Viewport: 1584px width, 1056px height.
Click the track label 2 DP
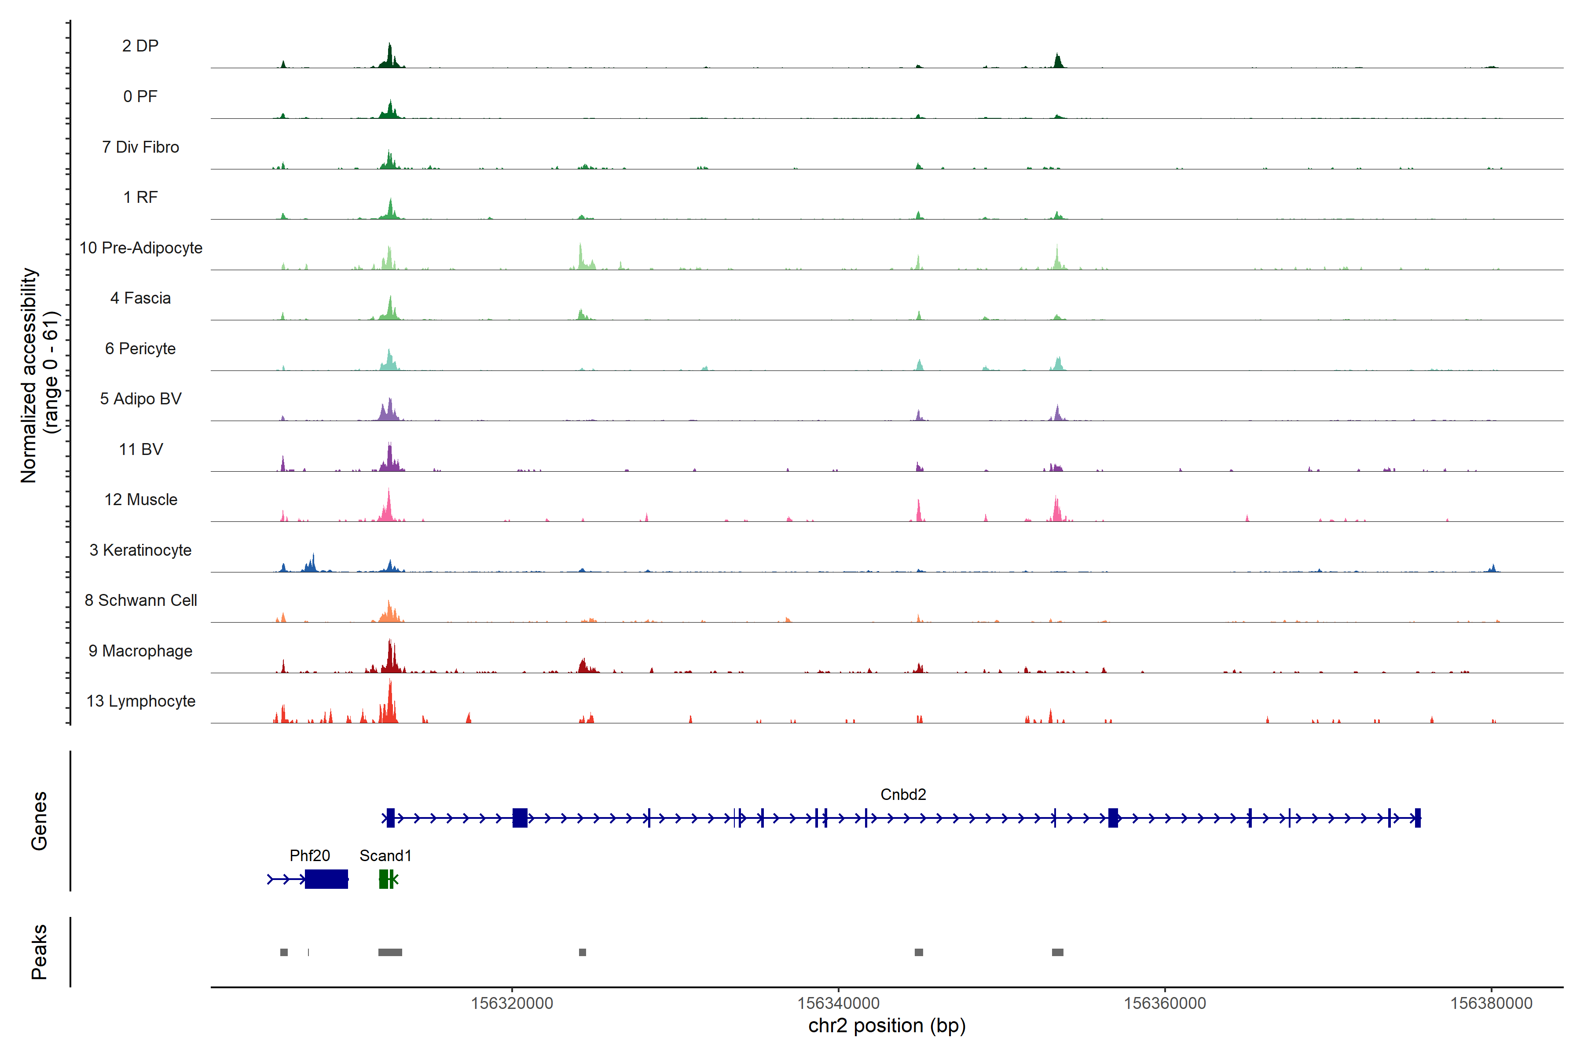coord(140,46)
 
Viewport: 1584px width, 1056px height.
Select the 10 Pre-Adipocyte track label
coord(141,248)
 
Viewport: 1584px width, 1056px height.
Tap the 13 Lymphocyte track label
coord(141,701)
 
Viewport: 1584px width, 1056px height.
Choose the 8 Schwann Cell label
coord(141,600)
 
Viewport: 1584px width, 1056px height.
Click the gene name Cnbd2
coord(903,795)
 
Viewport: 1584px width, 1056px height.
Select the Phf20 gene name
coord(310,855)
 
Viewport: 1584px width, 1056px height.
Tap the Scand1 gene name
coord(385,855)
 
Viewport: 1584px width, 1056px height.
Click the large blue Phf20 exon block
coord(326,879)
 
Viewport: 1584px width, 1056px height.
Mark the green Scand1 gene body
coord(385,879)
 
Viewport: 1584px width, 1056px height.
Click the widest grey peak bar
coord(390,952)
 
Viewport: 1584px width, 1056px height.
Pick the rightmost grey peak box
coord(1057,952)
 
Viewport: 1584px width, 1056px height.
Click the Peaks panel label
coord(39,952)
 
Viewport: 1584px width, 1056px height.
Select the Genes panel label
coord(39,821)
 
